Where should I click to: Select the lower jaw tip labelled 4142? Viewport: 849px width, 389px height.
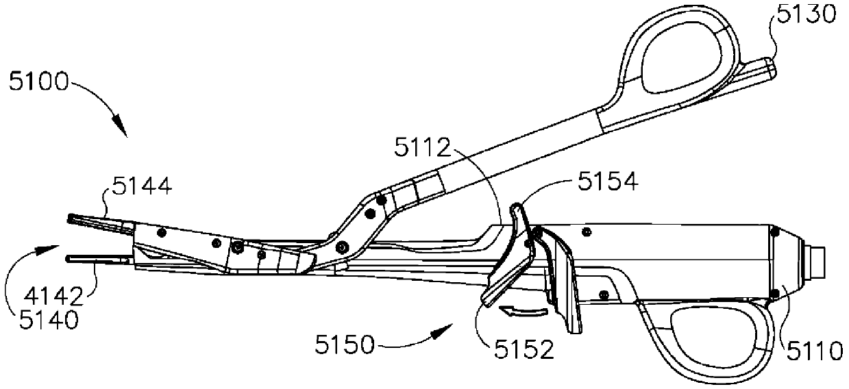71,258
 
